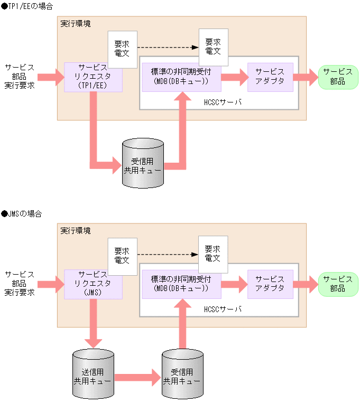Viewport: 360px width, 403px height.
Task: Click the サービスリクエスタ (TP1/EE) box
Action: [x=93, y=77]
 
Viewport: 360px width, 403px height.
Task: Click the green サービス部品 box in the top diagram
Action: [x=338, y=77]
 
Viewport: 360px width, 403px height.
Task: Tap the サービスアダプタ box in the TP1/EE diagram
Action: [x=270, y=77]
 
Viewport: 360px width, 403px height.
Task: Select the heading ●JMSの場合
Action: [x=22, y=214]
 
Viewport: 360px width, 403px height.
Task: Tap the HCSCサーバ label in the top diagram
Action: [x=222, y=102]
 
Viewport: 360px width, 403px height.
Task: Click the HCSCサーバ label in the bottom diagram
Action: [x=222, y=309]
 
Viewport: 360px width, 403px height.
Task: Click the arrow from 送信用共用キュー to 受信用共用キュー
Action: [x=137, y=377]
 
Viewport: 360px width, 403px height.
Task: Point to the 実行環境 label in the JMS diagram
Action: [x=75, y=231]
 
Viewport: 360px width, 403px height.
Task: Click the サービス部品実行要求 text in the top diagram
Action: [x=20, y=77]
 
